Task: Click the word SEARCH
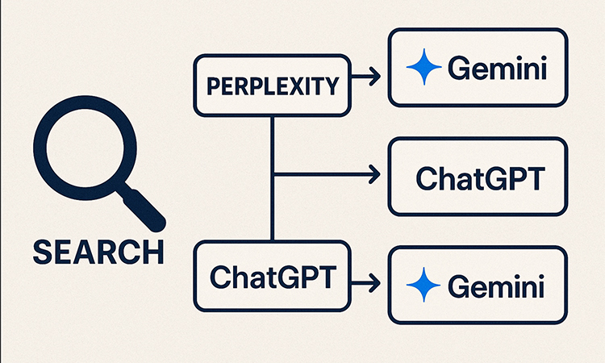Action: click(x=97, y=251)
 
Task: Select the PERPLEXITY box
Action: click(x=272, y=85)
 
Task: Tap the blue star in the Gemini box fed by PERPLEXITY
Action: click(x=423, y=69)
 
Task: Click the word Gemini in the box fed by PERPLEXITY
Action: click(x=497, y=69)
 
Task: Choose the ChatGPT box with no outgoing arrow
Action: click(x=477, y=176)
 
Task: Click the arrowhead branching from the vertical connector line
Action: click(x=373, y=173)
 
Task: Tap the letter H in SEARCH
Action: click(x=152, y=251)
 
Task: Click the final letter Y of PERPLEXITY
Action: click(x=333, y=86)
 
